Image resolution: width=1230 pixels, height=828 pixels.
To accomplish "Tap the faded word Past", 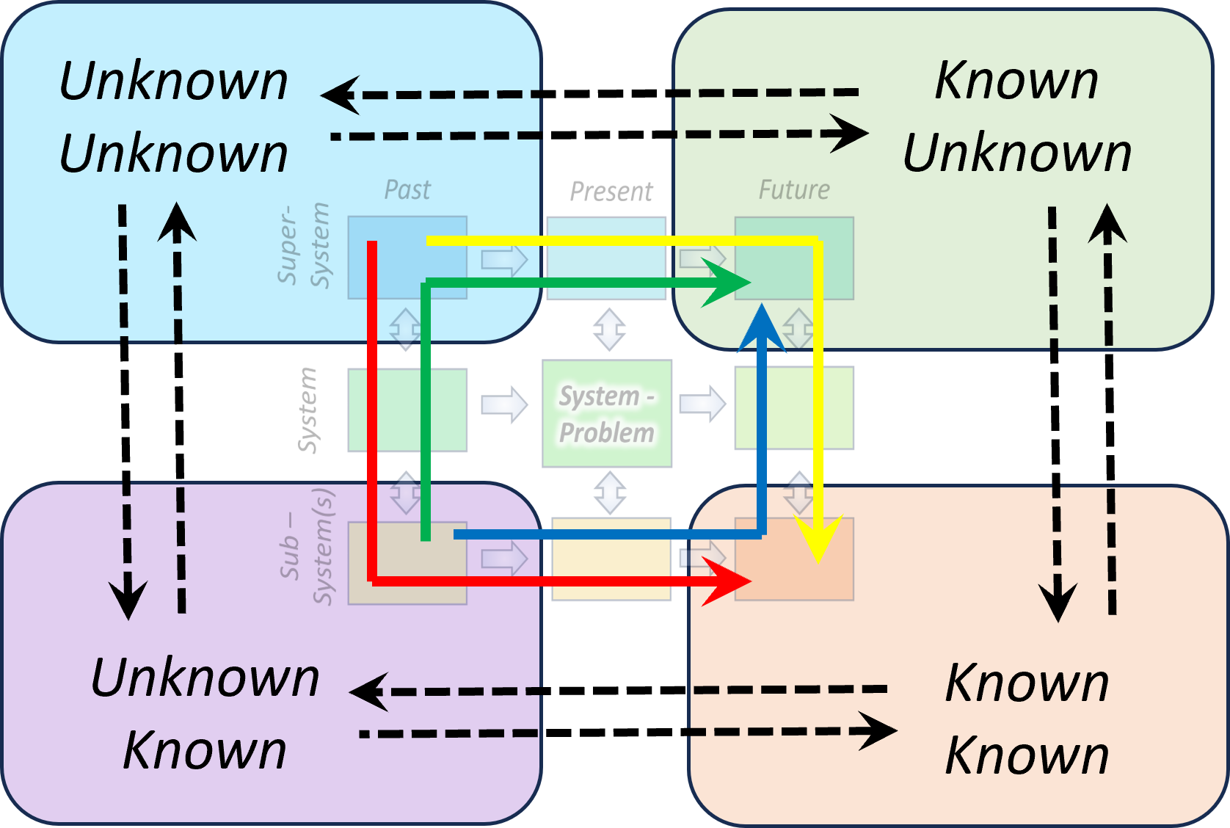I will click(407, 190).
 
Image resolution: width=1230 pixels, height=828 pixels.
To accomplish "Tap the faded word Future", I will click(794, 190).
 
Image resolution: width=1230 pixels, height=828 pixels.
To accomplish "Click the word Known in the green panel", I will click(1016, 80).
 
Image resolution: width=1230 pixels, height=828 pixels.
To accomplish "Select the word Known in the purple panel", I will click(205, 750).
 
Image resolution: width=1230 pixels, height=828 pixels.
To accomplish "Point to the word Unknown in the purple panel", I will click(205, 677).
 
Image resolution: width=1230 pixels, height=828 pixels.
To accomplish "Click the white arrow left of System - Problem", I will click(505, 403).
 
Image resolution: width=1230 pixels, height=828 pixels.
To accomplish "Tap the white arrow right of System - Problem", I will click(702, 403).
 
